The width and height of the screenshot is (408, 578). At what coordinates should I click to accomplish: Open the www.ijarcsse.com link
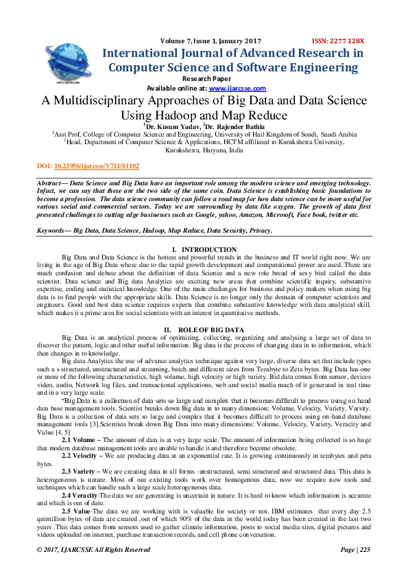[x=228, y=89]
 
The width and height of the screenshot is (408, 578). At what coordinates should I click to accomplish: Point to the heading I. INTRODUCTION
[x=204, y=249]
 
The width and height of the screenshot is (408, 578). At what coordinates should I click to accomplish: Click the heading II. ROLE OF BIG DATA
[x=204, y=330]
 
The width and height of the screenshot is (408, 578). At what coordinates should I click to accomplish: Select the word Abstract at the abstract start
[x=50, y=182]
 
